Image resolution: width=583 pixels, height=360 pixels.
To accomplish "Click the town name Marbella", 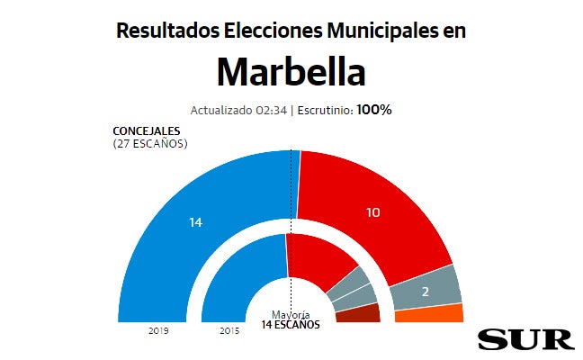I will [291, 71].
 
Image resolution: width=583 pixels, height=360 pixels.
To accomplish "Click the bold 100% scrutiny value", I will [374, 110].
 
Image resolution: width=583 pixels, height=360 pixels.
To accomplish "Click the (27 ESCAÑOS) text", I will [150, 143].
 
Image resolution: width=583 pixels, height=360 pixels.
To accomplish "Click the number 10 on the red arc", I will [374, 212].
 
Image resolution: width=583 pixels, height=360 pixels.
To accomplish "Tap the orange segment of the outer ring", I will [429, 313].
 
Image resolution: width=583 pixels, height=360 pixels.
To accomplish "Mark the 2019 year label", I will [159, 330].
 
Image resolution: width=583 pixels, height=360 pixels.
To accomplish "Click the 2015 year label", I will [229, 330].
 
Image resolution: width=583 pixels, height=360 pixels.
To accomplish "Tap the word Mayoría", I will [291, 315].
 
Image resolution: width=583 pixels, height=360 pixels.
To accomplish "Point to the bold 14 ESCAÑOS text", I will [291, 324].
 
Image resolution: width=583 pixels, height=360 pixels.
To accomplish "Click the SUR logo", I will [525, 338].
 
